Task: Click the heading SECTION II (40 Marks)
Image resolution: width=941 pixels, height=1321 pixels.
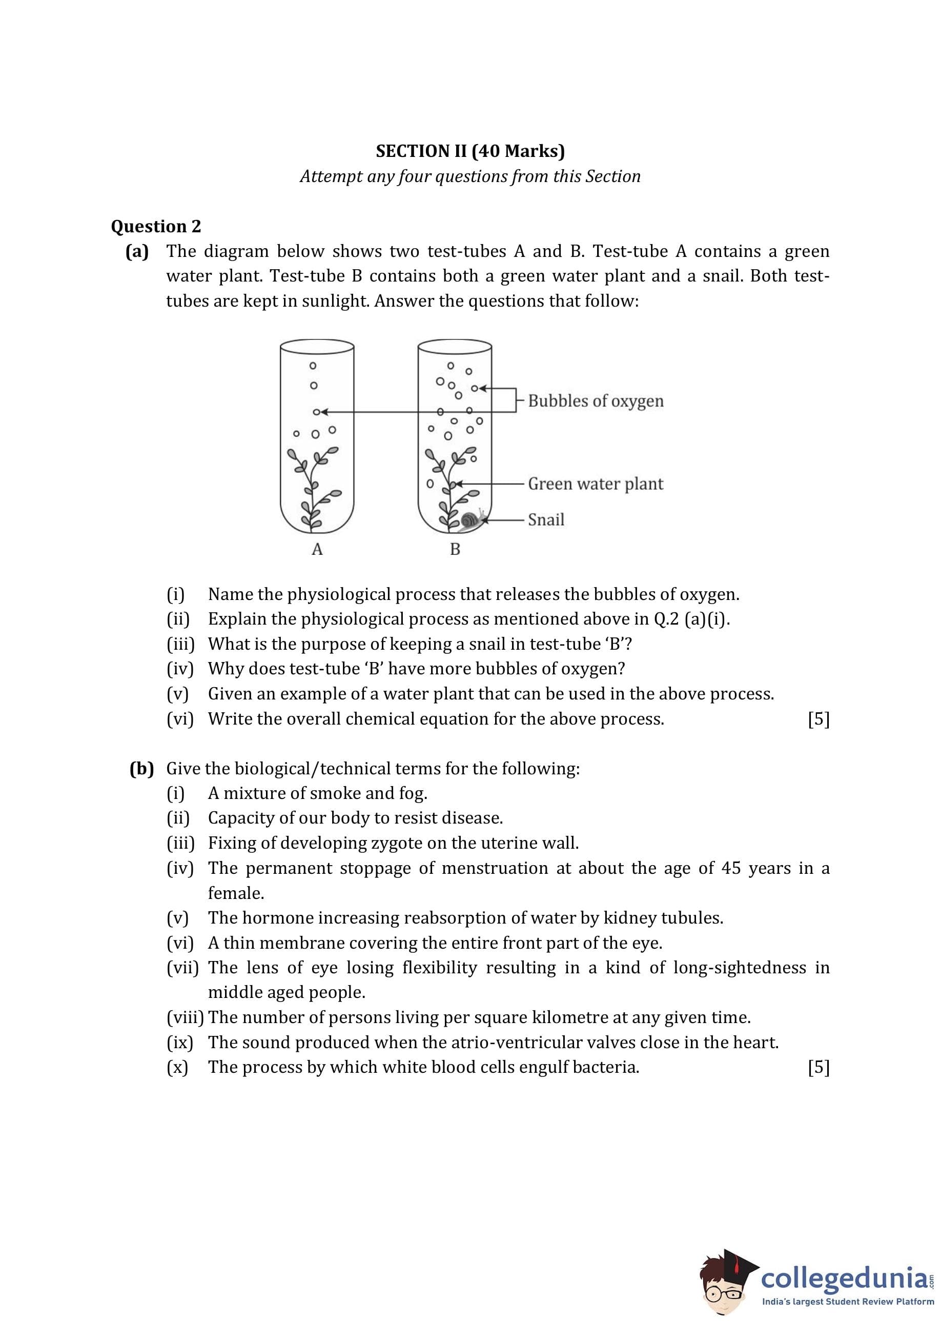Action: pos(470,151)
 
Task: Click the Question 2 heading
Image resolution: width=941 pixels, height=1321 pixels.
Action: pos(156,226)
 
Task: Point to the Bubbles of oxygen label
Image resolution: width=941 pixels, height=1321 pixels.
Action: pos(596,401)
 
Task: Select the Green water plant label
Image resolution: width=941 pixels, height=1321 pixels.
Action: pos(595,484)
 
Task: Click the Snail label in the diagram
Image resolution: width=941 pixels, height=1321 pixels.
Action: pos(546,519)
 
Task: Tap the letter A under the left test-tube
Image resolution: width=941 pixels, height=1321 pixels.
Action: pos(317,549)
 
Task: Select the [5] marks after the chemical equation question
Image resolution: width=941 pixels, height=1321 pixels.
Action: pos(818,719)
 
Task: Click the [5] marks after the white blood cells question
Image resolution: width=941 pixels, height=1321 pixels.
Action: pos(818,1067)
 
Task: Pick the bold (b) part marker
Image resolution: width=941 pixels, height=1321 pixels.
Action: pos(142,769)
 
